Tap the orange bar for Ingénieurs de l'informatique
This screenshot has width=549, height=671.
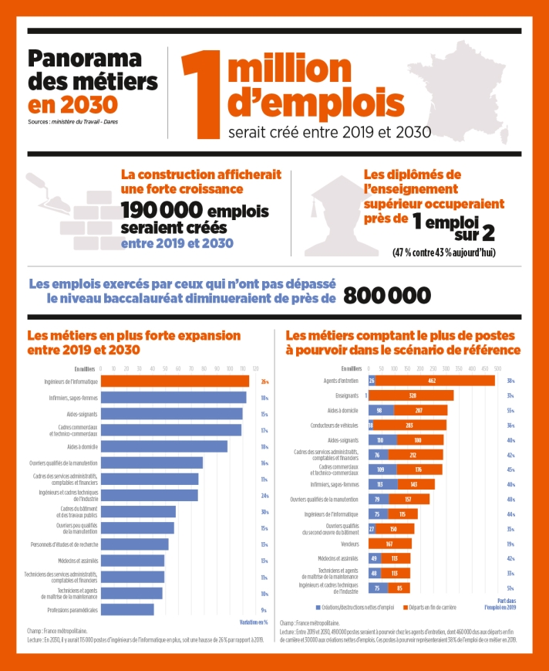pos(175,381)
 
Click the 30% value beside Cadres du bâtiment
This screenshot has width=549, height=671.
pos(264,512)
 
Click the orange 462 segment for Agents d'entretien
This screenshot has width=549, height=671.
pos(433,381)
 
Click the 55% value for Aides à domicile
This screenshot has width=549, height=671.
pos(510,410)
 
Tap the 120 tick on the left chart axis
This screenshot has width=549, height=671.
pos(255,368)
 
